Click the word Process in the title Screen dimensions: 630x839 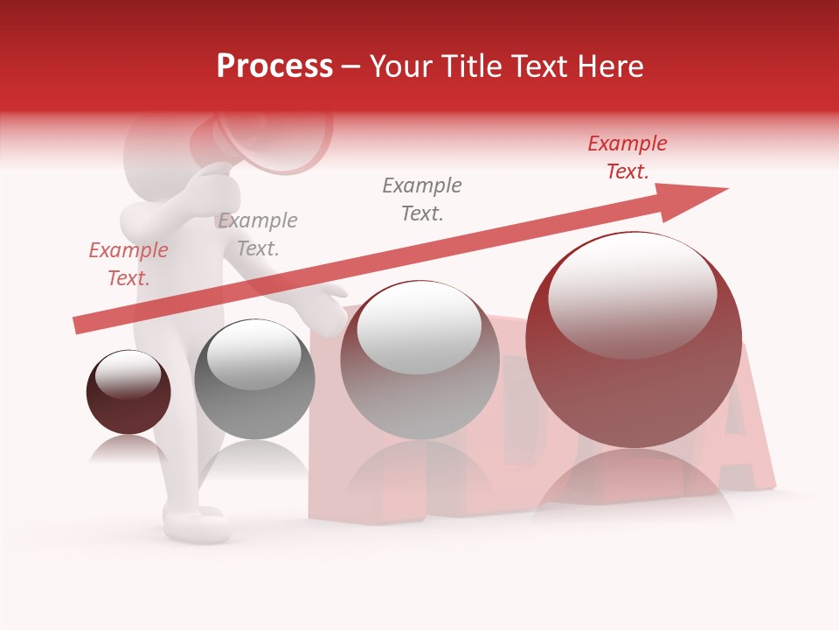[274, 66]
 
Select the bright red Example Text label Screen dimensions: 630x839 [627, 157]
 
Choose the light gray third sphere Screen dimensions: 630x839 [419, 360]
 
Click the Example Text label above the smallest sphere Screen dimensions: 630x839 [128, 264]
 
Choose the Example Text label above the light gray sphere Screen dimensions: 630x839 [421, 199]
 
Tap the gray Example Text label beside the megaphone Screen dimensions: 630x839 [257, 234]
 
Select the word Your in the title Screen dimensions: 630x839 [401, 66]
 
